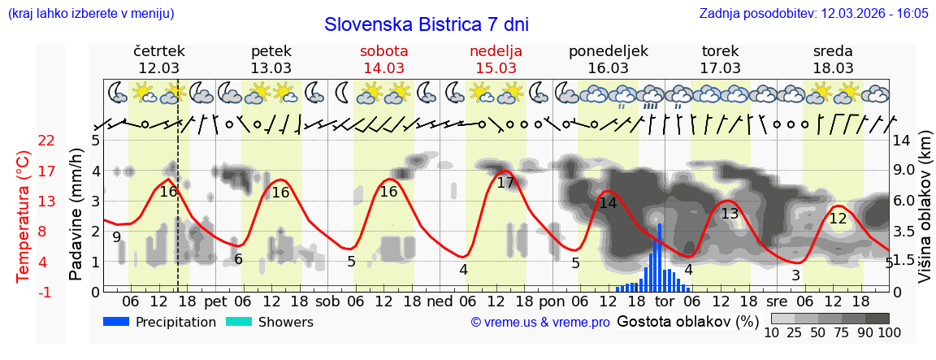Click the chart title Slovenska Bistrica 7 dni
[426, 24]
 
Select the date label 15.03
[496, 68]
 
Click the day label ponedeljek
[609, 51]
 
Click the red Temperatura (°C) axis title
[24, 215]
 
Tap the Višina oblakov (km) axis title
[924, 215]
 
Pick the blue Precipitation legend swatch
[116, 322]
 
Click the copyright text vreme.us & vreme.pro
[540, 323]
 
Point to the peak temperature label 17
[505, 183]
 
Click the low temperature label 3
[795, 275]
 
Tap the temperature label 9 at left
[117, 237]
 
